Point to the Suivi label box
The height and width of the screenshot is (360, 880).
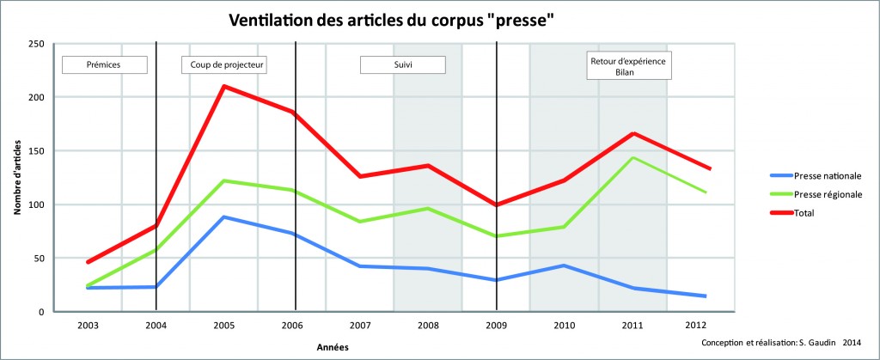[x=402, y=65]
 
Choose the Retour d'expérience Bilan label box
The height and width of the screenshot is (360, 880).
[x=630, y=66]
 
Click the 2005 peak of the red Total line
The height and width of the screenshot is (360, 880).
[x=224, y=86]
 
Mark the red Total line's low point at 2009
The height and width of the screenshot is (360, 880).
[x=497, y=204]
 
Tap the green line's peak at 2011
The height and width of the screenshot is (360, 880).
[x=633, y=157]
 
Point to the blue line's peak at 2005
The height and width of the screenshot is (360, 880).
[x=224, y=217]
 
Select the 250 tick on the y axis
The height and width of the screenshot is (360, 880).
[x=37, y=43]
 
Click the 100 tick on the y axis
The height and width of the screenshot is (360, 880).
[x=37, y=204]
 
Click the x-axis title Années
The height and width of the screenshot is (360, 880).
[x=331, y=346]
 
